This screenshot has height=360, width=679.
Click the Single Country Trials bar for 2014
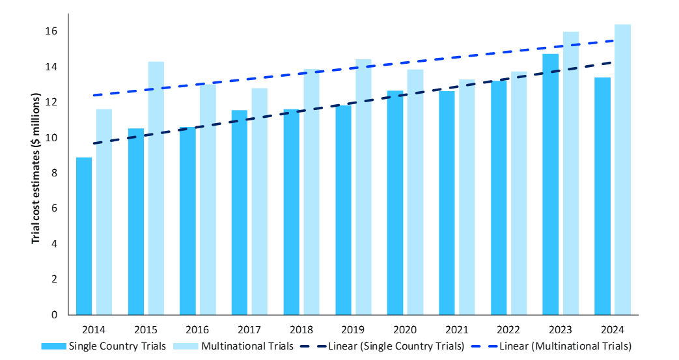[84, 236]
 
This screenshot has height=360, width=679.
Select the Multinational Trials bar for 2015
[156, 188]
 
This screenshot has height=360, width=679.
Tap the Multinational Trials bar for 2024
[623, 169]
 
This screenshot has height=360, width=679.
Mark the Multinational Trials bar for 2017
[260, 201]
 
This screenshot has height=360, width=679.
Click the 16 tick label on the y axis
[53, 31]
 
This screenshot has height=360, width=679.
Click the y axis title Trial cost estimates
[36, 169]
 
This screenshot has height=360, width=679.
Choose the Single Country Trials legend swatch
[53, 346]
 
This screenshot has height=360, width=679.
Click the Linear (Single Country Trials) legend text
[396, 346]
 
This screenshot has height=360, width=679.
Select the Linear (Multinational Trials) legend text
[563, 346]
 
